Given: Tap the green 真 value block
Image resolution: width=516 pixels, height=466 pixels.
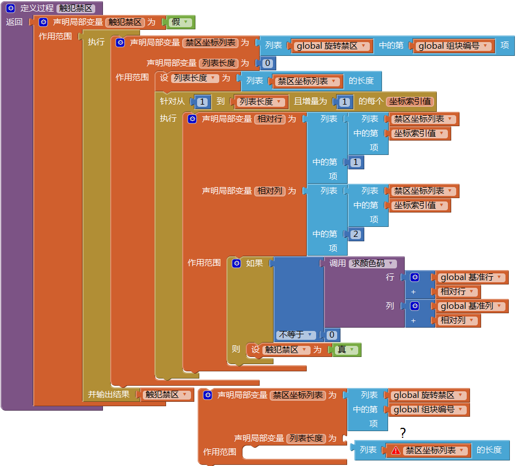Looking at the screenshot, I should pyautogui.click(x=347, y=350).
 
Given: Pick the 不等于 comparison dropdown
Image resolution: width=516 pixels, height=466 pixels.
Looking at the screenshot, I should pyautogui.click(x=297, y=335).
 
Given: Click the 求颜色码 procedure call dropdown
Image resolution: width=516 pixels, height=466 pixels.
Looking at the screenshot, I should pyautogui.click(x=372, y=263).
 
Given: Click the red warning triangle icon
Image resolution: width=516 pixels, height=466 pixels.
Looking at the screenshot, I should pyautogui.click(x=396, y=451).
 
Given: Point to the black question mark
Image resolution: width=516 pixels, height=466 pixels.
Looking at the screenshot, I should pyautogui.click(x=403, y=433).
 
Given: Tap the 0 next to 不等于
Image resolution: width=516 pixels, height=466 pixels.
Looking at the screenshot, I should pyautogui.click(x=331, y=335).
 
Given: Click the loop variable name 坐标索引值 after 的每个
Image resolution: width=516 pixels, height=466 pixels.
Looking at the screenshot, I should pyautogui.click(x=410, y=101).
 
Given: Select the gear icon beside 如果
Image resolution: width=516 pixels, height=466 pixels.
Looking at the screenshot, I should pyautogui.click(x=237, y=263).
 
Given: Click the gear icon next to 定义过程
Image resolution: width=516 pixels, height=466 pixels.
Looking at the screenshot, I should pyautogui.click(x=11, y=8).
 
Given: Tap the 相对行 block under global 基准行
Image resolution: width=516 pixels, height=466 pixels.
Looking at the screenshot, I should pyautogui.click(x=458, y=292).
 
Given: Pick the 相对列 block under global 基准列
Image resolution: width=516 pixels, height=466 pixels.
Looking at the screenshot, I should pyautogui.click(x=458, y=320).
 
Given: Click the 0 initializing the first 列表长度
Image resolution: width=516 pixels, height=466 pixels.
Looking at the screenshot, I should pyautogui.click(x=267, y=63).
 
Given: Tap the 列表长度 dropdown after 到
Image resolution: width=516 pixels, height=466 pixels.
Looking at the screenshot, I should pyautogui.click(x=261, y=102).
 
